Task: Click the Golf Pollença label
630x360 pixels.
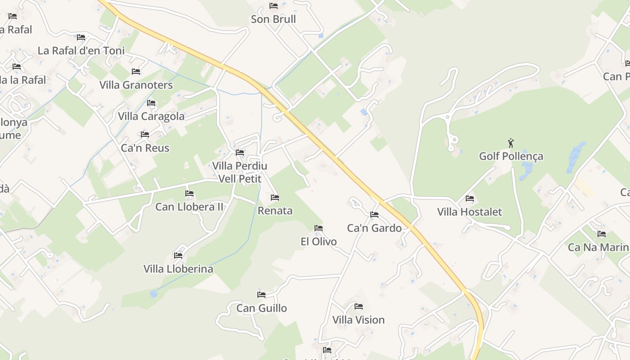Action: [511, 156]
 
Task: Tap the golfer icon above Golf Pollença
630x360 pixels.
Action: [511, 144]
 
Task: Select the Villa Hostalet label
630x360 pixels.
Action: [469, 211]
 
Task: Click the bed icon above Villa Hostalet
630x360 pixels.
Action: [470, 198]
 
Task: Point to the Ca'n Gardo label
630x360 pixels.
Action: [374, 228]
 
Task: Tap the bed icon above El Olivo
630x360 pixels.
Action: [319, 228]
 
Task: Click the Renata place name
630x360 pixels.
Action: [275, 211]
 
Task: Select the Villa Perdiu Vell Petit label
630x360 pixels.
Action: [239, 172]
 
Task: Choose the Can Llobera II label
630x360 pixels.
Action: [189, 207]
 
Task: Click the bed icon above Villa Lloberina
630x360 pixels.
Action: [178, 256]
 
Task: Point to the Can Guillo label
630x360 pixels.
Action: [261, 308]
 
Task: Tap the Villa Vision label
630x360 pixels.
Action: [358, 320]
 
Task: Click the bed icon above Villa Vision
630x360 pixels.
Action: [358, 306]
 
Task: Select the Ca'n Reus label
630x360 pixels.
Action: [145, 148]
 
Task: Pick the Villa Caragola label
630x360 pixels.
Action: [151, 116]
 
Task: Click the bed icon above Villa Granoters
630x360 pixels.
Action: [135, 72]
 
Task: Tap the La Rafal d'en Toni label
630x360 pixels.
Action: [81, 50]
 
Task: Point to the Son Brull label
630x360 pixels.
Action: [273, 19]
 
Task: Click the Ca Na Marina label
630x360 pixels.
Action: [598, 247]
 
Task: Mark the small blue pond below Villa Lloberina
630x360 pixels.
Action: [154, 294]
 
